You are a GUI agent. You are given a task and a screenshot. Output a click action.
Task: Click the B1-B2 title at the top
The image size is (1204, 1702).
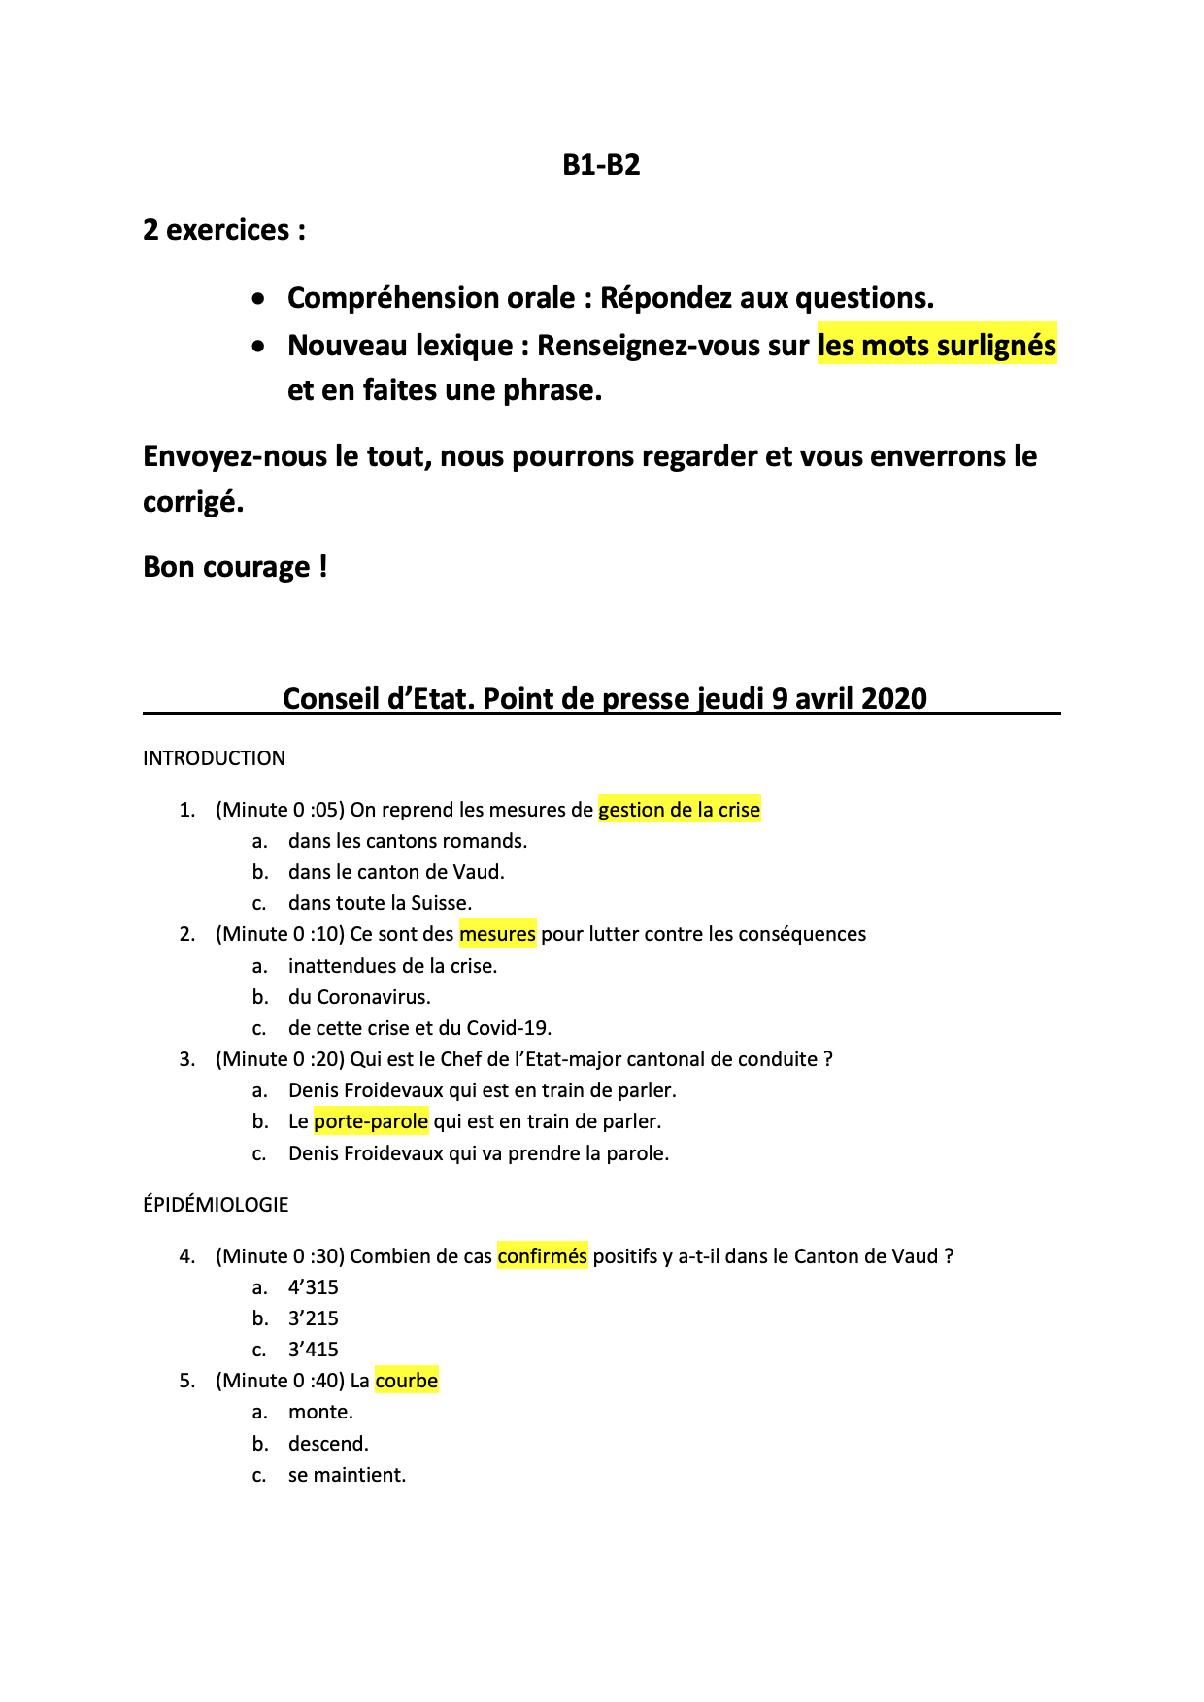click(601, 165)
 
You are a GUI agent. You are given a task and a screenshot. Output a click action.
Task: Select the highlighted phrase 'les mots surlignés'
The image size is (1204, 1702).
click(936, 346)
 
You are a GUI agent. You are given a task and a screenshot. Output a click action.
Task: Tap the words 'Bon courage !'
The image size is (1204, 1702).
click(235, 567)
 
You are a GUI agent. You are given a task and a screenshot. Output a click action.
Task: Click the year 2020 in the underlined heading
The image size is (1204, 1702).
click(893, 698)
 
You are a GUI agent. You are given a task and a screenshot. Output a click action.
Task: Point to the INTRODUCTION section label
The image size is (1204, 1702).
click(214, 758)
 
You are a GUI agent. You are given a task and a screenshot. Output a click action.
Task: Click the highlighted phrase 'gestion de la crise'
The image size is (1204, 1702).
click(679, 810)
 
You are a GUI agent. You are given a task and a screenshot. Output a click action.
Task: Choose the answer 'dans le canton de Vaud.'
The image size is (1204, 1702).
click(396, 872)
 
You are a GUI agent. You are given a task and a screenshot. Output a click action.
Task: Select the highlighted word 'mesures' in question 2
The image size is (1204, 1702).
click(497, 934)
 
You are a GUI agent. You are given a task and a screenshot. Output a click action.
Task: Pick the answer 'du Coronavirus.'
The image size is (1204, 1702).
click(359, 997)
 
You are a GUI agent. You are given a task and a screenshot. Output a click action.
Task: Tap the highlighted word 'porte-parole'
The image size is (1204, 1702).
click(371, 1121)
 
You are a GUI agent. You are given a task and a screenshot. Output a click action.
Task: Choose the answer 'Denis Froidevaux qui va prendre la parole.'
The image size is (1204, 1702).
click(479, 1153)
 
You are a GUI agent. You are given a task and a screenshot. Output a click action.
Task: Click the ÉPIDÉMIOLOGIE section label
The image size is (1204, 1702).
click(216, 1205)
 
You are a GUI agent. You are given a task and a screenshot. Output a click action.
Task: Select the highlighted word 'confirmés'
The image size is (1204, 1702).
click(542, 1256)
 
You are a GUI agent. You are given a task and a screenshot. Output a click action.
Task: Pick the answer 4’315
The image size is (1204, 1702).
click(313, 1287)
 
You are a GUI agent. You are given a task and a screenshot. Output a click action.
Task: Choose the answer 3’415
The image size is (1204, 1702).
click(313, 1350)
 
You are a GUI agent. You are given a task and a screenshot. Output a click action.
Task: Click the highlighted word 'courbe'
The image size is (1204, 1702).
click(406, 1381)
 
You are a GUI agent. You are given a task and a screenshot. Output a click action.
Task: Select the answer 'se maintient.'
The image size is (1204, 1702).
click(347, 1475)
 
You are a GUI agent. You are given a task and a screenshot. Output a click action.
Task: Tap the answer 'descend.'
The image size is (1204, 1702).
click(328, 1444)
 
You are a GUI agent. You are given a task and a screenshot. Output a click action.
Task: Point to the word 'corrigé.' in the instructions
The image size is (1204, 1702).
click(193, 502)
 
